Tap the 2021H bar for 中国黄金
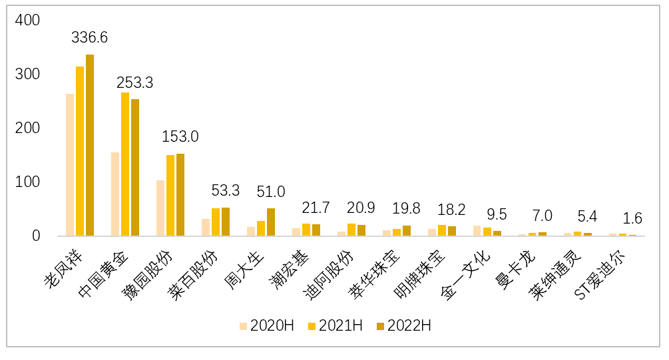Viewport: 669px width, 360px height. coord(125,164)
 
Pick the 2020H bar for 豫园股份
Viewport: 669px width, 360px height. coord(160,208)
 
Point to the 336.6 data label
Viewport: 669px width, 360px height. coord(89,38)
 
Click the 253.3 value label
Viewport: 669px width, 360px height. coord(135,83)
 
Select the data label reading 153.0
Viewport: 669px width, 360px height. coord(180,137)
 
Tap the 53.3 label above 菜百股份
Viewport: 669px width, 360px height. coord(224,192)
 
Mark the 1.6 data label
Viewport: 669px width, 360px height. coord(632,218)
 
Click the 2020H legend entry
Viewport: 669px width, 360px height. coord(266,326)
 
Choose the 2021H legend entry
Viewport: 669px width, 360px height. coord(335,326)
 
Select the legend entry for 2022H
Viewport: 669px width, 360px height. coord(403,326)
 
